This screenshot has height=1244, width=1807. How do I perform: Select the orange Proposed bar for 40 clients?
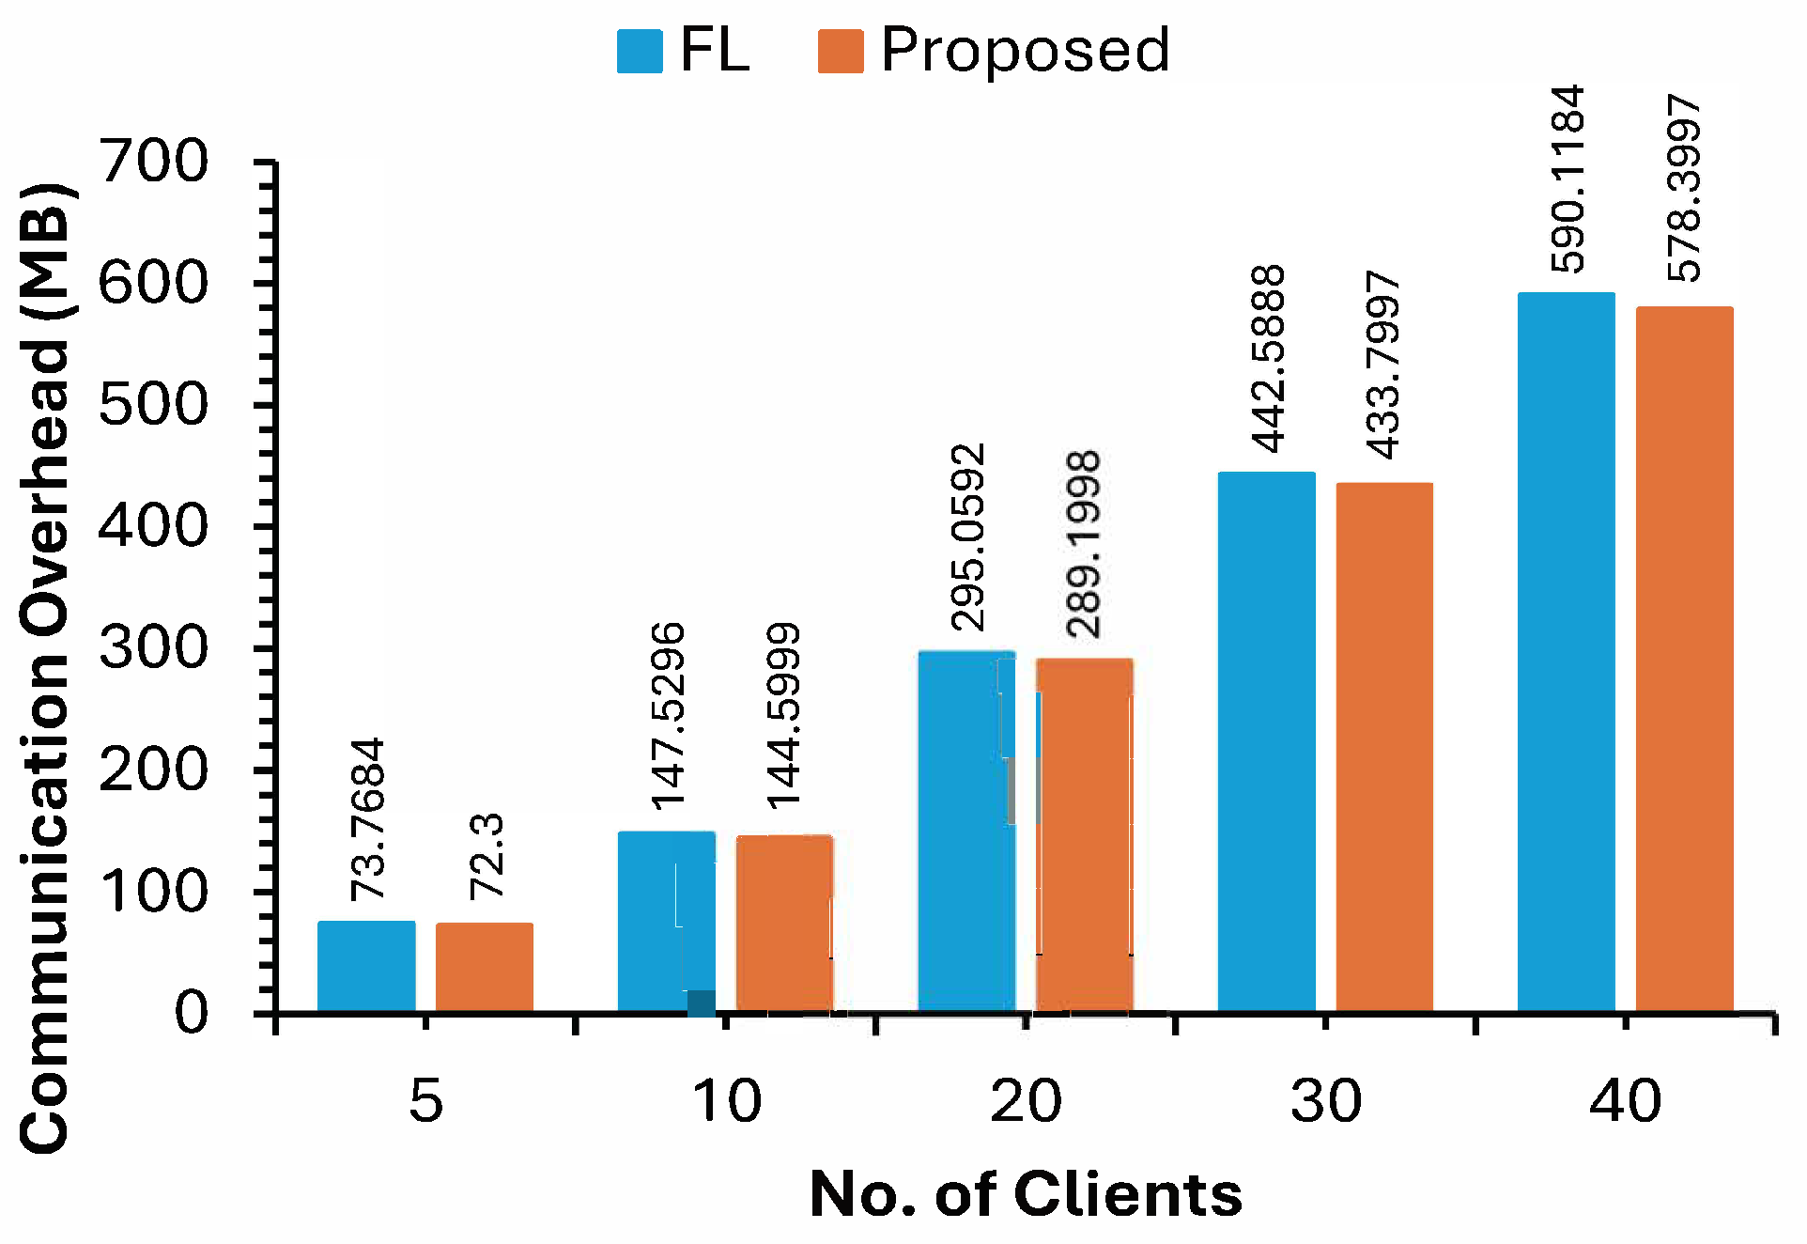point(1684,658)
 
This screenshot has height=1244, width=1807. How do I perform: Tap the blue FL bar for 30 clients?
point(1266,742)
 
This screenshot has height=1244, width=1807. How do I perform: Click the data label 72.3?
point(486,856)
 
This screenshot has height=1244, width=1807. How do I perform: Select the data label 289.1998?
point(1083,545)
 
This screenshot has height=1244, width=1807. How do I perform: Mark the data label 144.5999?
point(783,715)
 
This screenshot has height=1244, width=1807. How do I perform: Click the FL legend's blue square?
point(640,51)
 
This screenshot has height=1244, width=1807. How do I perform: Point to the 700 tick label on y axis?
point(154,162)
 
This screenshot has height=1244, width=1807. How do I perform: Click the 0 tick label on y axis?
point(192,1013)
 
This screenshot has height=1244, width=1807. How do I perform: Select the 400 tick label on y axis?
point(154,526)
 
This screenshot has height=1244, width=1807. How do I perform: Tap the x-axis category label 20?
point(1026,1100)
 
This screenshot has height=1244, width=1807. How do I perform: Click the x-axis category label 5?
point(425,1100)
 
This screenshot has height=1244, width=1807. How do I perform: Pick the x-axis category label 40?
point(1626,1100)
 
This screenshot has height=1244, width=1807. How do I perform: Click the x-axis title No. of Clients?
point(1026,1194)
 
